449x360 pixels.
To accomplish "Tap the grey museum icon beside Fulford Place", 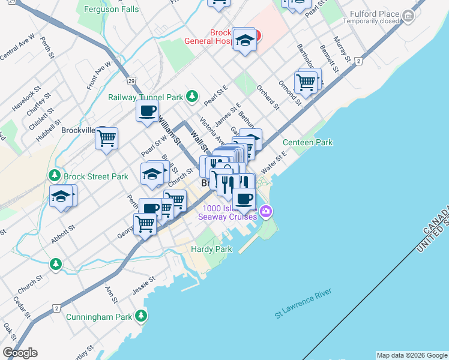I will click(x=409, y=15).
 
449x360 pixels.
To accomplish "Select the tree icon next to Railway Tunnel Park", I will click(x=191, y=95).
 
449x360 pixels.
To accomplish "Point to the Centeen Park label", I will click(x=307, y=142).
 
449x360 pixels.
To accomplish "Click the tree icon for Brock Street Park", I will click(x=55, y=175).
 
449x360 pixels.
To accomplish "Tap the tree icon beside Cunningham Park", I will click(x=141, y=315).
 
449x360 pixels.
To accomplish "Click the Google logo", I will click(x=20, y=353).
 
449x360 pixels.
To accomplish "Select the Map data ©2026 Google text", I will click(x=411, y=355).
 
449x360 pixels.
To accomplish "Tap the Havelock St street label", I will click(x=27, y=100).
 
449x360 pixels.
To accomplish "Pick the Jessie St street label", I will click(x=144, y=284).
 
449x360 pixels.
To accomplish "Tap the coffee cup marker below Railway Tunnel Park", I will click(x=147, y=110).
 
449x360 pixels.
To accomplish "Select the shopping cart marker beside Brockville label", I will click(x=106, y=139).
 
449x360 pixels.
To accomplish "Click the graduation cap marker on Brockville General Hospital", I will click(x=244, y=40).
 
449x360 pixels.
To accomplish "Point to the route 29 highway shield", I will click(x=131, y=81).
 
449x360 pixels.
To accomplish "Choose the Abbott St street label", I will click(x=63, y=233).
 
